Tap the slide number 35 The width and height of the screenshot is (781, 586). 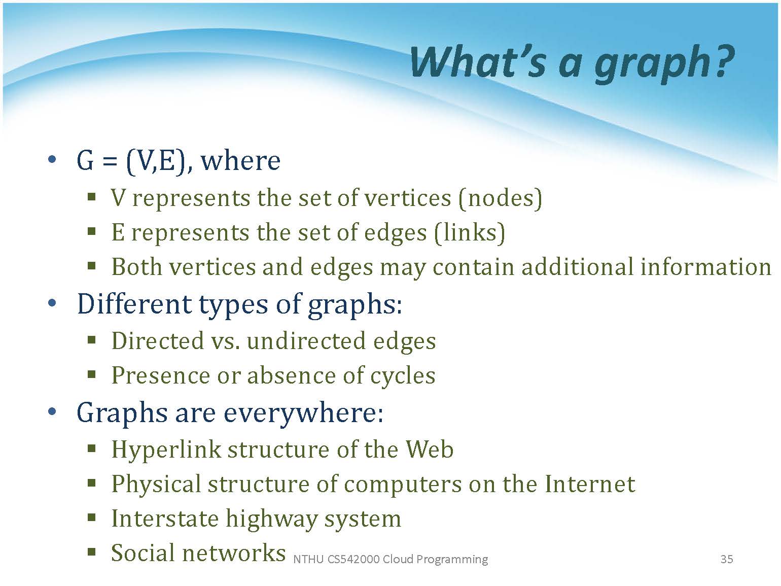click(x=727, y=559)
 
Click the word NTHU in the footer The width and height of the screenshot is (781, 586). click(x=308, y=559)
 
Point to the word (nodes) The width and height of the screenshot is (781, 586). click(x=500, y=198)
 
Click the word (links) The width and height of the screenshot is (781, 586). click(x=469, y=233)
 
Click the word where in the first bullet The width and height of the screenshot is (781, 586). click(x=240, y=161)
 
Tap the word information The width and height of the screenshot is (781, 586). click(x=705, y=267)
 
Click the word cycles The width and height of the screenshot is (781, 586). click(x=403, y=376)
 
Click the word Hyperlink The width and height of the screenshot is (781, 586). click(x=166, y=450)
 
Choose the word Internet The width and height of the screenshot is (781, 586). click(x=590, y=484)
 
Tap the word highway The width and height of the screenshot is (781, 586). click(x=271, y=519)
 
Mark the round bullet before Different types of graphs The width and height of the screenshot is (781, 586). click(x=52, y=303)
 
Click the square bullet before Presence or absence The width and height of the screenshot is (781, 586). click(x=91, y=374)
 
